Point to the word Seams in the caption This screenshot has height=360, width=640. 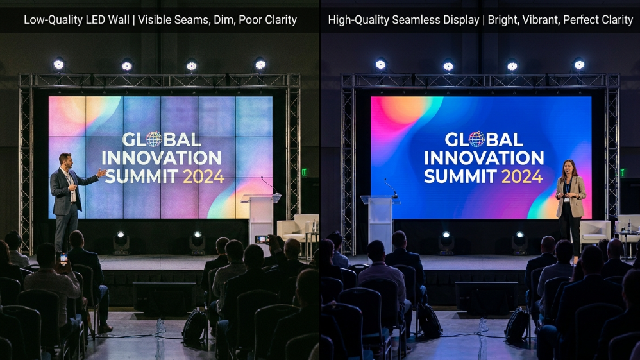[189, 20]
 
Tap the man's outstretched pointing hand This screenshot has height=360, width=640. [102, 173]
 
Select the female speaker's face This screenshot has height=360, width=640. [568, 168]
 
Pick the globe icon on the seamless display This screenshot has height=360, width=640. [476, 139]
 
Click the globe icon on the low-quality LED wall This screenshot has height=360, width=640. [154, 139]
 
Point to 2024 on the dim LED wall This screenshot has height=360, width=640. [203, 176]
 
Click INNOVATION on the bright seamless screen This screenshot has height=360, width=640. [484, 158]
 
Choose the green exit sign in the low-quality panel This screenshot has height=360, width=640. [304, 172]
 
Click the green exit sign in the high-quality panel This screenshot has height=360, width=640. [622, 172]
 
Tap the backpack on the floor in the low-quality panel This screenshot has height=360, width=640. [194, 327]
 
